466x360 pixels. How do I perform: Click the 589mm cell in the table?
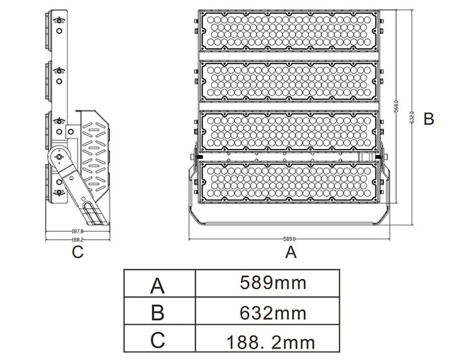click(273, 284)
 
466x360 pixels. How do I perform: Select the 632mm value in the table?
click(273, 312)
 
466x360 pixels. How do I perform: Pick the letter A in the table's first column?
click(159, 285)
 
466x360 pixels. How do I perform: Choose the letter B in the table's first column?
click(159, 313)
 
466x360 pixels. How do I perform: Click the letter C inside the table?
click(159, 341)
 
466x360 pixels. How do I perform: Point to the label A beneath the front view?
click(290, 253)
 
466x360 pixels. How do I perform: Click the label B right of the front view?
click(428, 119)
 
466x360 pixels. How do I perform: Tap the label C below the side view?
click(77, 253)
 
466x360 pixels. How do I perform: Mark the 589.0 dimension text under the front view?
click(290, 238)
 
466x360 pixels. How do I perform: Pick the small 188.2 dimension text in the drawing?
click(77, 239)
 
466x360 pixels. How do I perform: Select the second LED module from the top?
click(289, 81)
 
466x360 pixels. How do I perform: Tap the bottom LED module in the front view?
click(289, 182)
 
